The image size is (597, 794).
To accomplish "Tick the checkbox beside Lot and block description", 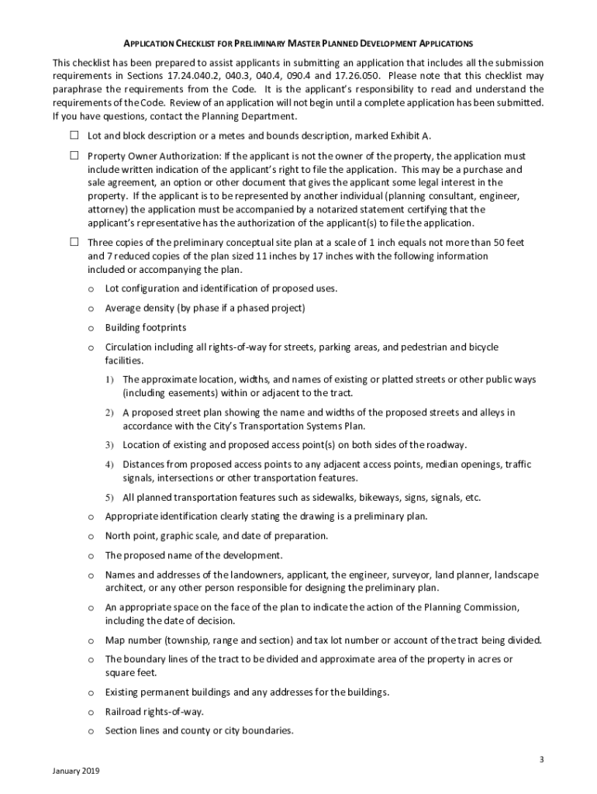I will coord(74,135).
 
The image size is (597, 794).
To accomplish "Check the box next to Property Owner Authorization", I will coord(74,155).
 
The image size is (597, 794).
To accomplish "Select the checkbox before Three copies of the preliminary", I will coord(74,242).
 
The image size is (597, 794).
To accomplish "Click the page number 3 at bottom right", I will coord(542,758).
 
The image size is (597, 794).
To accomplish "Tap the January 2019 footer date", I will coord(76,772).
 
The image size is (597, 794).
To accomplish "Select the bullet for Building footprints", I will coord(91,328).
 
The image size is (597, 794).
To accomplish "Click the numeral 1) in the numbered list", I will coord(109,380).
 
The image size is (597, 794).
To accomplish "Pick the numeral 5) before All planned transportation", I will coord(109,497).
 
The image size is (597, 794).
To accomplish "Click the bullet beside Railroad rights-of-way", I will coord(91,712).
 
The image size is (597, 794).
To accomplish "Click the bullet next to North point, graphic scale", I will coord(91,537).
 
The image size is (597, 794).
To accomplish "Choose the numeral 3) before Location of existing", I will coord(109,445).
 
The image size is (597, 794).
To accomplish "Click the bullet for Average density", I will coord(91,309).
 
